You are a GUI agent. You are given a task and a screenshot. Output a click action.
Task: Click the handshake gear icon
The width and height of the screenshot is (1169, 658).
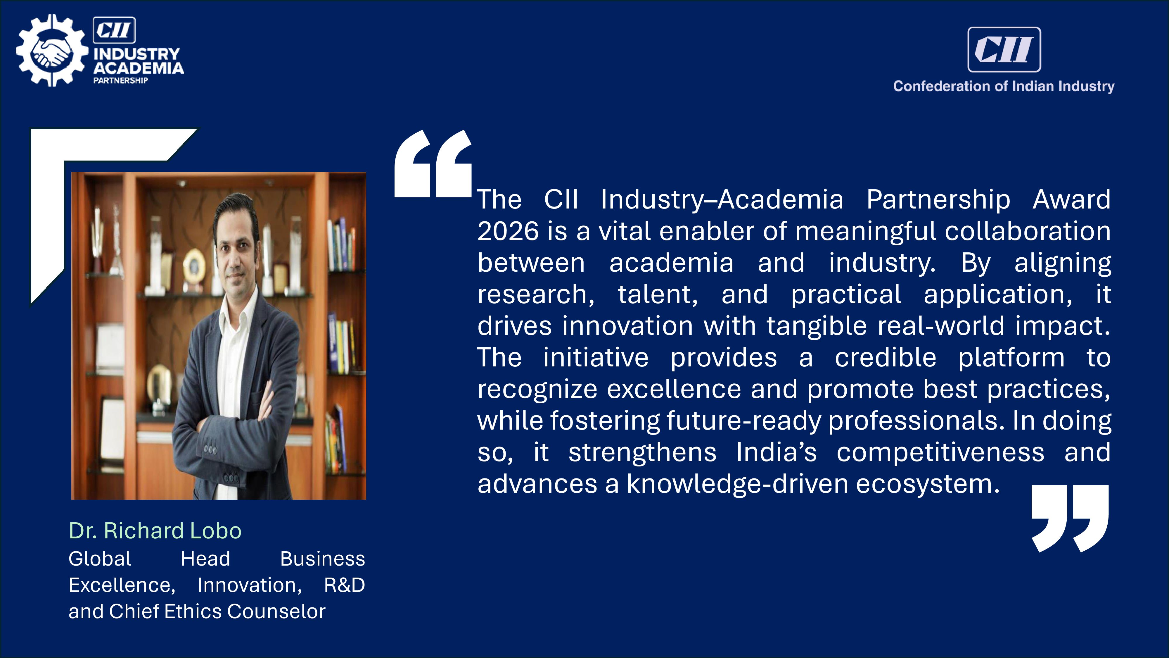(x=51, y=50)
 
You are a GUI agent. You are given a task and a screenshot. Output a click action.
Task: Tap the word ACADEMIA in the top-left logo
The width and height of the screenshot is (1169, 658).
(x=139, y=68)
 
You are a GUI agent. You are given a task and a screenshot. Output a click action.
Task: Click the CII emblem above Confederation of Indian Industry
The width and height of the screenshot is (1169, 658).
(x=1004, y=49)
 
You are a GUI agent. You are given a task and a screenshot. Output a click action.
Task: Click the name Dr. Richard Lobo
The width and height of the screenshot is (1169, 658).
(x=155, y=530)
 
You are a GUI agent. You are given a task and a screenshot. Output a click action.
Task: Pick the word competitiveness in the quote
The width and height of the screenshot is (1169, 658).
(x=940, y=453)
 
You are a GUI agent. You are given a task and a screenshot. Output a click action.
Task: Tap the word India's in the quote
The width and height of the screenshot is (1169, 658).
(x=776, y=452)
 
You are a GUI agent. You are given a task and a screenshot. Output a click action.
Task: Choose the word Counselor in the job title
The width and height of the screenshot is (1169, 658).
(x=276, y=612)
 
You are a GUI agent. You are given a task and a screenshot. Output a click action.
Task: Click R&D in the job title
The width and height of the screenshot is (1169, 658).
(x=345, y=585)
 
